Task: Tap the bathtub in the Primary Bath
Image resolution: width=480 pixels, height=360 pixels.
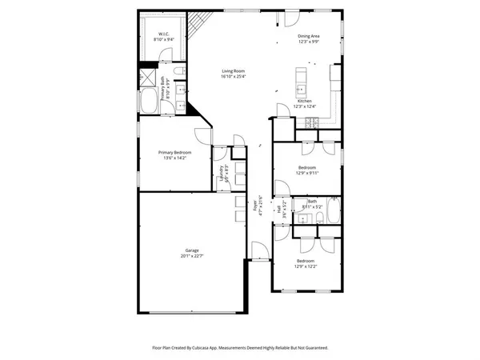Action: (150, 102)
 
